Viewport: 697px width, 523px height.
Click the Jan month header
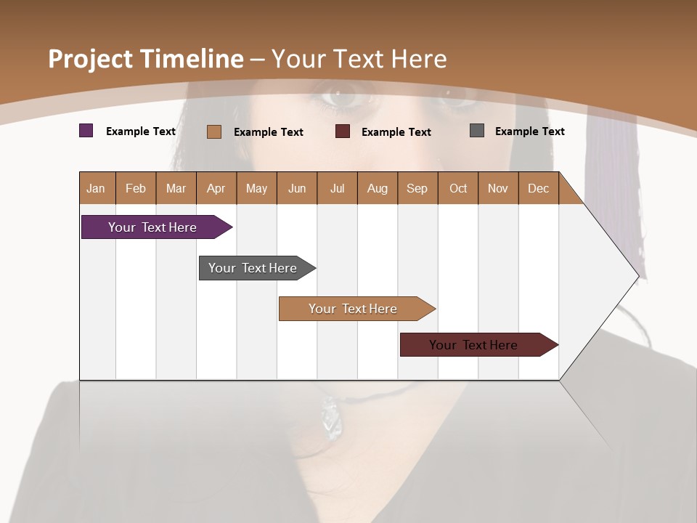pos(96,188)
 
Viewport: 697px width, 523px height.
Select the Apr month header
pos(216,188)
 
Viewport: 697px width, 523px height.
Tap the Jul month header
pos(337,188)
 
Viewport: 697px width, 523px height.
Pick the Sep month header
pos(417,188)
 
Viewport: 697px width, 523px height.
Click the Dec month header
pos(538,188)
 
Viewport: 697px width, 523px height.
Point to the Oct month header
pos(458,188)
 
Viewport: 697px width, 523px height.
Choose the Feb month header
pos(136,188)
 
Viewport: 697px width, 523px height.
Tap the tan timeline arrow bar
pos(354,309)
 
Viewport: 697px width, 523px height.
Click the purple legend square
pos(86,131)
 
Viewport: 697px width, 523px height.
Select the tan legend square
pos(214,131)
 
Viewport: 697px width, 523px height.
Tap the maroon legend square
pos(343,131)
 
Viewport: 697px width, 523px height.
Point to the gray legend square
pos(477,131)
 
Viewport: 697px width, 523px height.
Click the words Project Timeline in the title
pos(146,58)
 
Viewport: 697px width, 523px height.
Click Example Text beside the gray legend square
pos(529,131)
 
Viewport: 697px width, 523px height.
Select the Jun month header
pos(296,188)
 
